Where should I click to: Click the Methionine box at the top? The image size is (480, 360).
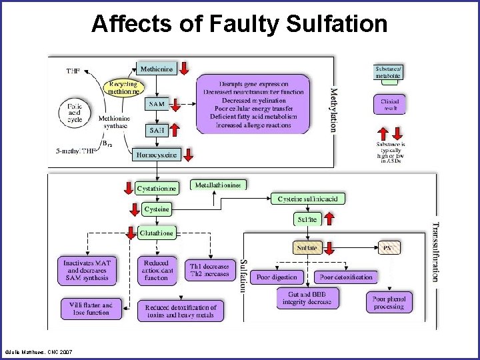click(157, 68)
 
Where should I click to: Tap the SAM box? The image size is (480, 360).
click(157, 105)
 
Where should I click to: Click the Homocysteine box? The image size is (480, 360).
click(157, 155)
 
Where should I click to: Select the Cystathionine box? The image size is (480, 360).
click(157, 189)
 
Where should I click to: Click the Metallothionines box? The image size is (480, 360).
click(218, 185)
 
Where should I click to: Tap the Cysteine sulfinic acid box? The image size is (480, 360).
click(308, 198)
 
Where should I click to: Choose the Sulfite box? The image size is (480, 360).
click(307, 218)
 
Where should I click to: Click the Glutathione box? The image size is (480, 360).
click(157, 233)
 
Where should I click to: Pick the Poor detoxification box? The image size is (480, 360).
click(346, 277)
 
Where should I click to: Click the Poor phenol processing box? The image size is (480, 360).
click(389, 303)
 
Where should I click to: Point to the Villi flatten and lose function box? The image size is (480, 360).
click(89, 308)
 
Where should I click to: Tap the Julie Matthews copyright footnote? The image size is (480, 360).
click(38, 352)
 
